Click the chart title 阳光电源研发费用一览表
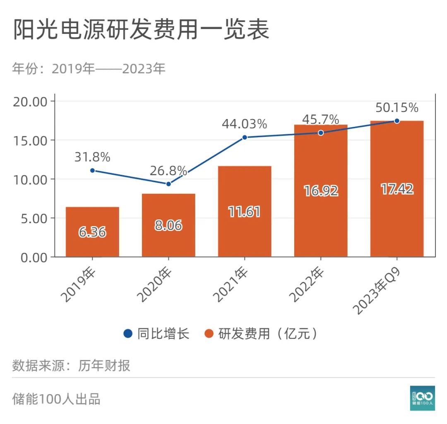[x=141, y=30]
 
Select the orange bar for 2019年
[x=92, y=231]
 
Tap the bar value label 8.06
[x=168, y=226]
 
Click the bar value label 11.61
[x=244, y=212]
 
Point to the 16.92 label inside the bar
[x=321, y=191]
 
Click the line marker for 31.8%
[x=92, y=170]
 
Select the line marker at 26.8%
[x=168, y=183]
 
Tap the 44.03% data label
[x=244, y=124]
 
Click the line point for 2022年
[x=321, y=133]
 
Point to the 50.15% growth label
[x=397, y=108]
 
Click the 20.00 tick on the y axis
[x=31, y=102]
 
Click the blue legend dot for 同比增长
[x=128, y=333]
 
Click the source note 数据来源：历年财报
[x=71, y=365]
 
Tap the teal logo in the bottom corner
[x=422, y=398]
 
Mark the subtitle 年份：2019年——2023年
[x=89, y=69]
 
